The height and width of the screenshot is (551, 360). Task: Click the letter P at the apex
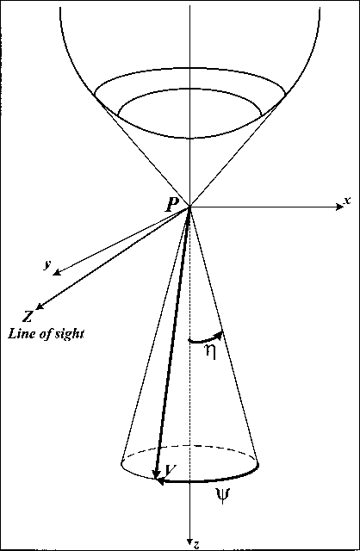172,205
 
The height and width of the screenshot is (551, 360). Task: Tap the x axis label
347,201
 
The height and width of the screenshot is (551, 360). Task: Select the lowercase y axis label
47,265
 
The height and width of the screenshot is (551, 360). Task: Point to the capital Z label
28,317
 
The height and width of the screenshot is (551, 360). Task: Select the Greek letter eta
210,352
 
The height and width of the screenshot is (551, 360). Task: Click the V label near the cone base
171,469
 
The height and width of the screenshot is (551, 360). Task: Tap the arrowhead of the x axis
339,207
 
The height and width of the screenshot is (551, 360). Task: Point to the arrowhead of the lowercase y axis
56,273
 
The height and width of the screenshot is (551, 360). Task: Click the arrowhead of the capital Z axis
40,306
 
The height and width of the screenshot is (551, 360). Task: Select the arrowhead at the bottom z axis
190,541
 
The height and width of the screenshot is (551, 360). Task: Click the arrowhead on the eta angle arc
219,335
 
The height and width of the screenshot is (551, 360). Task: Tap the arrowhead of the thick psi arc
159,481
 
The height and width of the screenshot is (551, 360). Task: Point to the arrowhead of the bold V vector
155,474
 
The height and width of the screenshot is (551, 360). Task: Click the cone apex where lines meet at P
190,207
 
